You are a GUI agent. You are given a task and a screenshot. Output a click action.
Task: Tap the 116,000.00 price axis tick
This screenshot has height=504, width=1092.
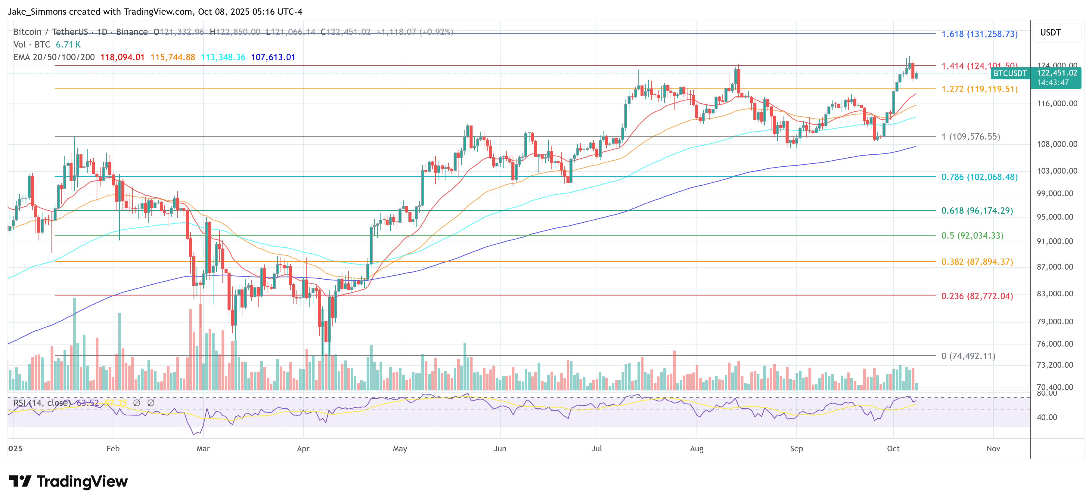(x=1057, y=104)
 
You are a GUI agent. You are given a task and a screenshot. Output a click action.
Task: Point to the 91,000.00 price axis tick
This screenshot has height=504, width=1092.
(x=1055, y=241)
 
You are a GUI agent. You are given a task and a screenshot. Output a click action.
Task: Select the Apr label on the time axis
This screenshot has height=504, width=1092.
(x=303, y=448)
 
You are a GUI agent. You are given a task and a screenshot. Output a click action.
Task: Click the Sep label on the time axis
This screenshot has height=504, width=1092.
(x=796, y=448)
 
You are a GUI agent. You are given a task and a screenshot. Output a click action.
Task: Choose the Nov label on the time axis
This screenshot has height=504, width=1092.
(x=993, y=448)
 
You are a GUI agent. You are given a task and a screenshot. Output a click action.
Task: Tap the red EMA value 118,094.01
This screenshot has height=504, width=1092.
(x=123, y=57)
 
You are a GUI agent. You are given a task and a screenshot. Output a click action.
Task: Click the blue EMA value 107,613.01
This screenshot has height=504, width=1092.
(x=273, y=57)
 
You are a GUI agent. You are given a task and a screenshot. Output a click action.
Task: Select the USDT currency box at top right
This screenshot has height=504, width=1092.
(x=1050, y=32)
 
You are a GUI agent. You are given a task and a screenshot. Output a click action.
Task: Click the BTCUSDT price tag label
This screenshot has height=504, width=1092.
(x=1010, y=73)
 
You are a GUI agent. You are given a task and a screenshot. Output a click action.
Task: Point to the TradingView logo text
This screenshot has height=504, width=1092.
(x=82, y=481)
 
